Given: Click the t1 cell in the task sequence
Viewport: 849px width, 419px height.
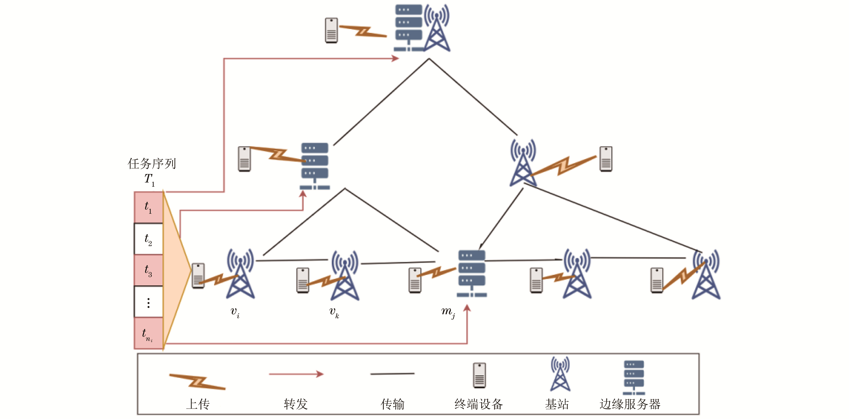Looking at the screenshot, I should [x=148, y=207].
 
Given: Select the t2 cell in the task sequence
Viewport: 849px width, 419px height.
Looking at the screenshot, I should [x=148, y=239].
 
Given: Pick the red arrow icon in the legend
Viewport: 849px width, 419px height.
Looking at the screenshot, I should [x=296, y=374].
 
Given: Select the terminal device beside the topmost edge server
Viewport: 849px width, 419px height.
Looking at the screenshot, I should [x=331, y=30].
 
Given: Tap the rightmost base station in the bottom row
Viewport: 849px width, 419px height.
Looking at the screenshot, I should [x=706, y=275].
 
